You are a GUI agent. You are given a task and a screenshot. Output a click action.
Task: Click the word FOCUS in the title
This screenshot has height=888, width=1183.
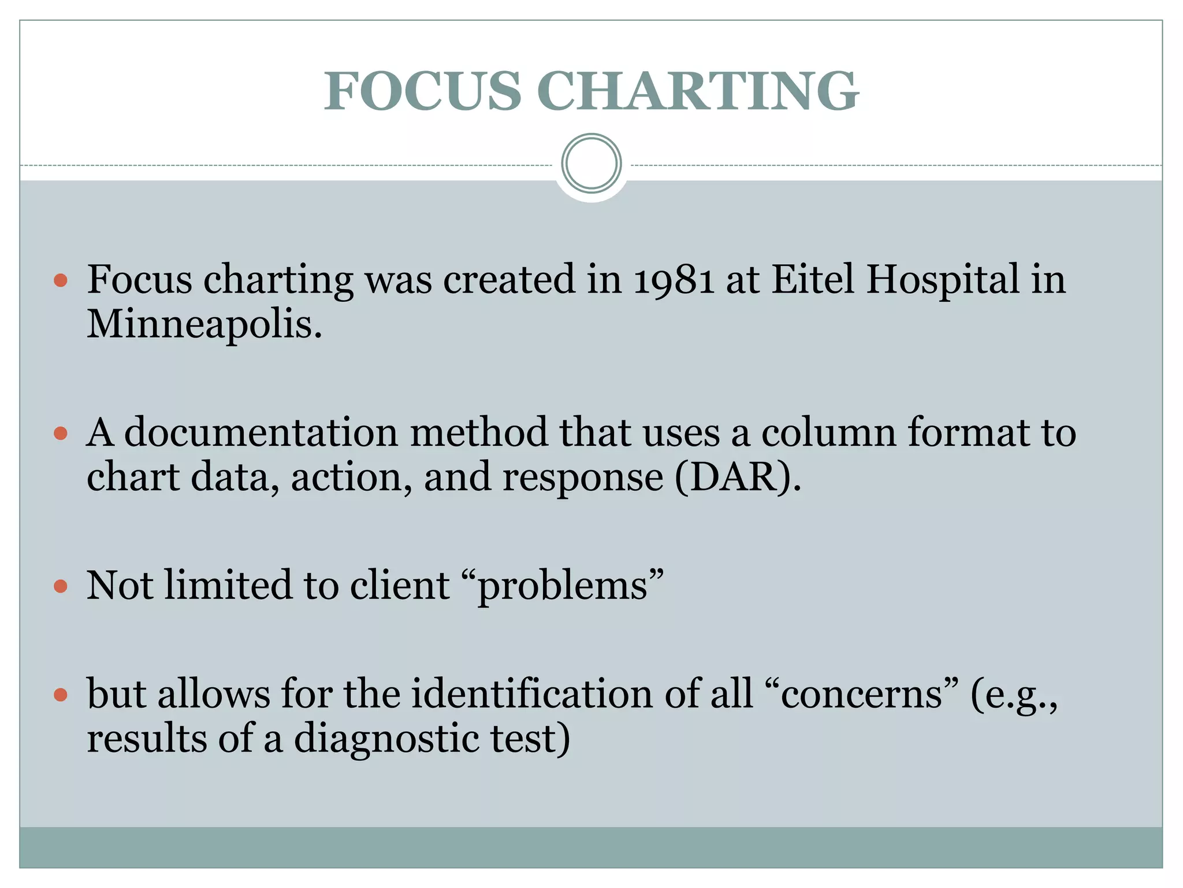422,91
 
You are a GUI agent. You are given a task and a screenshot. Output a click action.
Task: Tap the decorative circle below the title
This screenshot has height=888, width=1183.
591,164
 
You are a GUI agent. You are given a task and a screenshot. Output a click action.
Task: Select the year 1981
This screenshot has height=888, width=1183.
674,280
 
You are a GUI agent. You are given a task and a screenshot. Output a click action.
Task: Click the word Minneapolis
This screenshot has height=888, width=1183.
204,325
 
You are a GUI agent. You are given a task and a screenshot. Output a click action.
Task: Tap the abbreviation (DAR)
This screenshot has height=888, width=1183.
738,478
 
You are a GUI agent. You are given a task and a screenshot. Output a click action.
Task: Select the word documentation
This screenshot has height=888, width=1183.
261,433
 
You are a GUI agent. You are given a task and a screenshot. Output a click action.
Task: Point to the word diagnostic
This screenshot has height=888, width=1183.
386,739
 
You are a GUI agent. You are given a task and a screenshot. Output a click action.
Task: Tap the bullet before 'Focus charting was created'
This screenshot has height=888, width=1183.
61,281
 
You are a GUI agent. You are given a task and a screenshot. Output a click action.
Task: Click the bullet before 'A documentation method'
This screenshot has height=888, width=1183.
61,434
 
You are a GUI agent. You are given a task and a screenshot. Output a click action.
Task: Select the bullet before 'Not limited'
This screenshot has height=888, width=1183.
61,587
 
